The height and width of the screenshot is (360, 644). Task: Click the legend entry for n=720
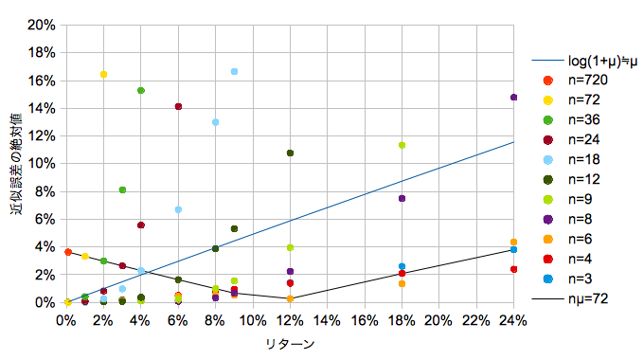[x=575, y=80]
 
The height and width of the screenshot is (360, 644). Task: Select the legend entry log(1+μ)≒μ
[x=584, y=61]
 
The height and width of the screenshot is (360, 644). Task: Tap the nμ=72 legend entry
[x=570, y=298]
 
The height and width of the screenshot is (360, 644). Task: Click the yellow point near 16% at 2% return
[x=103, y=75]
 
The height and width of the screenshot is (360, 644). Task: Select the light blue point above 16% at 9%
[x=234, y=71]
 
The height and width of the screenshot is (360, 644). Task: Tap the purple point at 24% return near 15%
[x=513, y=98]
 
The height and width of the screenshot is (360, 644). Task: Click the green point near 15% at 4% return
[x=141, y=90]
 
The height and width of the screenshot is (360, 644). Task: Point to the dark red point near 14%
[x=178, y=106]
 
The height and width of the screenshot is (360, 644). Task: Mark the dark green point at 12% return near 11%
[x=290, y=153]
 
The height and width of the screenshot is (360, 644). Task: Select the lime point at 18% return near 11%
[x=402, y=145]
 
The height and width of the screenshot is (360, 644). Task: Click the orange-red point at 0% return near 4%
[x=68, y=252]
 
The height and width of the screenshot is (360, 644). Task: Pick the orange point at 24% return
[x=513, y=243]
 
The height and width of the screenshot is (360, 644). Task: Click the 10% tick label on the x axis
[x=253, y=320]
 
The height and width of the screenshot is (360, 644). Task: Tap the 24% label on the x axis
[x=513, y=320]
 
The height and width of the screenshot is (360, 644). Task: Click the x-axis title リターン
[x=290, y=345]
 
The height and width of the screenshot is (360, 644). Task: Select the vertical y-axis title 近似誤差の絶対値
[x=16, y=164]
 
